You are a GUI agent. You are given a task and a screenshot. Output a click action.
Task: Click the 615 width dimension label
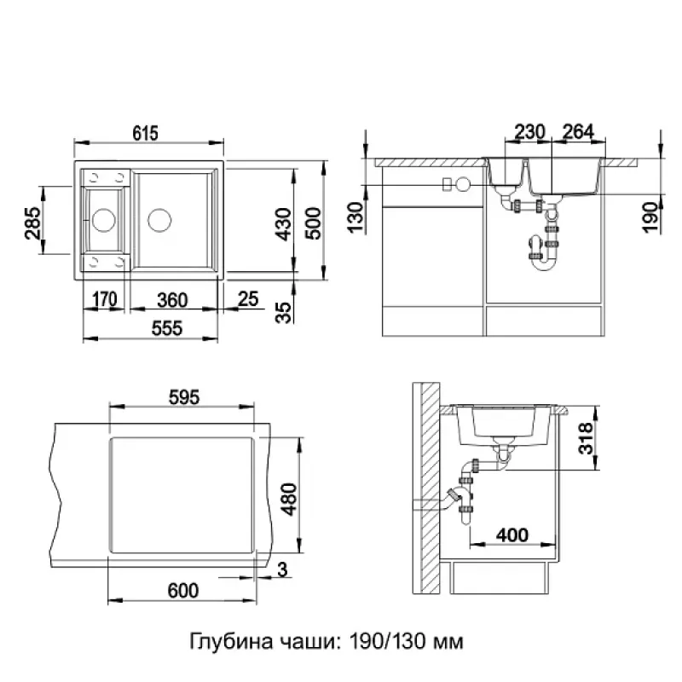click(146, 133)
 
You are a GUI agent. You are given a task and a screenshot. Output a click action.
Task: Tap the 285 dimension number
click(33, 223)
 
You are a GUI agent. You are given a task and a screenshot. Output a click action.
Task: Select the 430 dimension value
click(284, 224)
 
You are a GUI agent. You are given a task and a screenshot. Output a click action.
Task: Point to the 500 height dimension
click(313, 223)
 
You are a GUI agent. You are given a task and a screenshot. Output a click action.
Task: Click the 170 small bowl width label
click(105, 299)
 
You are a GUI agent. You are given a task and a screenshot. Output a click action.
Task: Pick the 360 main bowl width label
click(172, 300)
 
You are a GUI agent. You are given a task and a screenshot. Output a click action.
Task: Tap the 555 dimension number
click(167, 328)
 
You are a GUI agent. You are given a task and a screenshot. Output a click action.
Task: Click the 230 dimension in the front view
click(529, 132)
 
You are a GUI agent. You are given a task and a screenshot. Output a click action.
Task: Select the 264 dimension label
click(579, 132)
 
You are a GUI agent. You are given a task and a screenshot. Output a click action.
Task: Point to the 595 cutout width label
click(184, 397)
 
